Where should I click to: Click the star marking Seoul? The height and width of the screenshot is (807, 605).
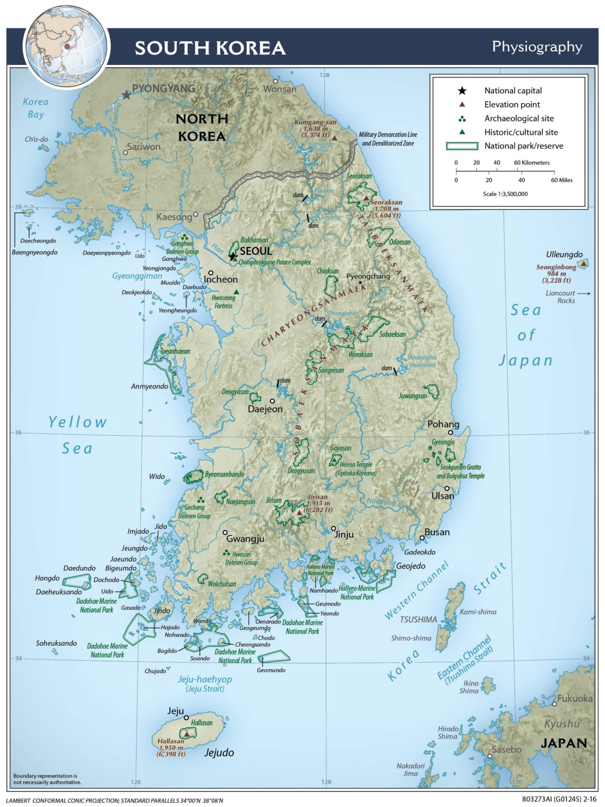232,257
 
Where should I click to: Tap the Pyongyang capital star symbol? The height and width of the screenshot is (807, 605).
126,94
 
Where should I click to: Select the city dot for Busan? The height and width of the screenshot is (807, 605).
422,538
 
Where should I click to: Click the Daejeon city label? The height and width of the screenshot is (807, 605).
265,409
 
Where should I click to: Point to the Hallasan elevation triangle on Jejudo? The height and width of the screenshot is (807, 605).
187,734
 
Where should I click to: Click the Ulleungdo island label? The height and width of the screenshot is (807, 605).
564,255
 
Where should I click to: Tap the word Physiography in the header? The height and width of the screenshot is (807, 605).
537,47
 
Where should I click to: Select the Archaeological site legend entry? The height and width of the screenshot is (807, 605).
519,118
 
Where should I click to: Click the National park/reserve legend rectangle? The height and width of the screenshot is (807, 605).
462,146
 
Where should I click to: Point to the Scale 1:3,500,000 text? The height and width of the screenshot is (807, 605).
505,194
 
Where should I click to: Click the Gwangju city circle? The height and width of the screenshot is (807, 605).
225,532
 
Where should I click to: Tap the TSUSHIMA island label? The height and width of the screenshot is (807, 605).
418,619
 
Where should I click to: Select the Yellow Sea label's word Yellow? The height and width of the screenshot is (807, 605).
78,422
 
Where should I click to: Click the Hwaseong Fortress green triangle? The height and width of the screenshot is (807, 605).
236,292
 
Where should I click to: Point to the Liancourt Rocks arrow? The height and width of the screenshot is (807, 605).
583,293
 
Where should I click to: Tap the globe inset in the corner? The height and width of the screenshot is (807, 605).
66,46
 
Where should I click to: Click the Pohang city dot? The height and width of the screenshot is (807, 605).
451,432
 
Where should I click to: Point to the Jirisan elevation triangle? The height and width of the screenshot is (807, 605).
299,513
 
